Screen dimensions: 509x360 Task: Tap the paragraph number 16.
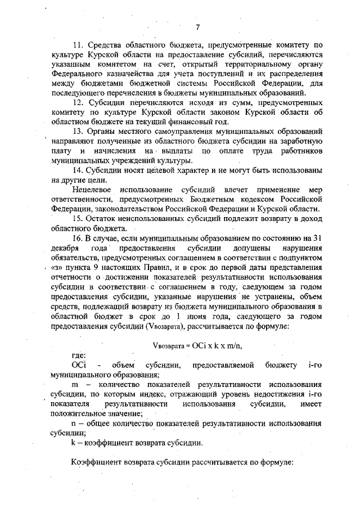(x=77, y=238)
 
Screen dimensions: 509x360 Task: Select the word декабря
(x=65, y=248)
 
